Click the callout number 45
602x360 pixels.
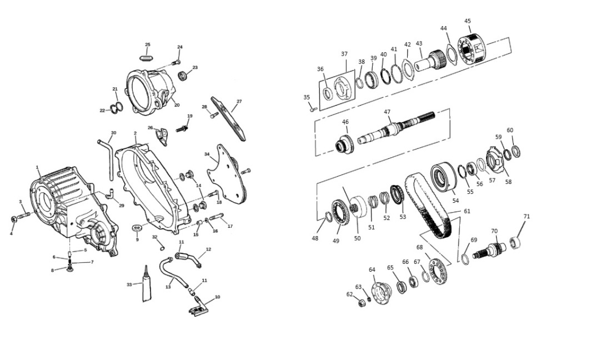(467, 21)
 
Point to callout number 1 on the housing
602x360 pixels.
(37, 167)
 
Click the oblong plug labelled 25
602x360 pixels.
(146, 58)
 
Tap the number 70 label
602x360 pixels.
(494, 231)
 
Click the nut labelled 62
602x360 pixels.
(361, 303)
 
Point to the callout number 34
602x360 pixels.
(207, 154)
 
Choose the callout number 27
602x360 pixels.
(239, 102)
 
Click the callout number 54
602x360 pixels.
(455, 201)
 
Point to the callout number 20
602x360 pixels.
(177, 105)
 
